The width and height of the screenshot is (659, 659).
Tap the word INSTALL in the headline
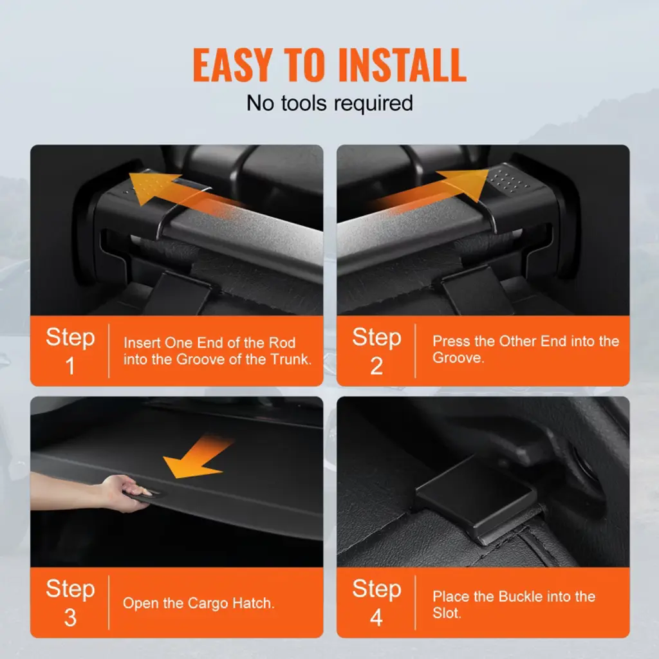tap(402, 65)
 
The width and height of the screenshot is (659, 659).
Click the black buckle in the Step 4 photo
tap(477, 498)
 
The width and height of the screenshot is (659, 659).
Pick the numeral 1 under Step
tap(70, 366)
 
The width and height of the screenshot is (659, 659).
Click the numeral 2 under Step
tap(376, 366)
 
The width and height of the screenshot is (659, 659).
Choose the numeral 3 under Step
tap(70, 617)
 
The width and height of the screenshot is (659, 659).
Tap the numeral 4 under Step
tap(376, 617)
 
